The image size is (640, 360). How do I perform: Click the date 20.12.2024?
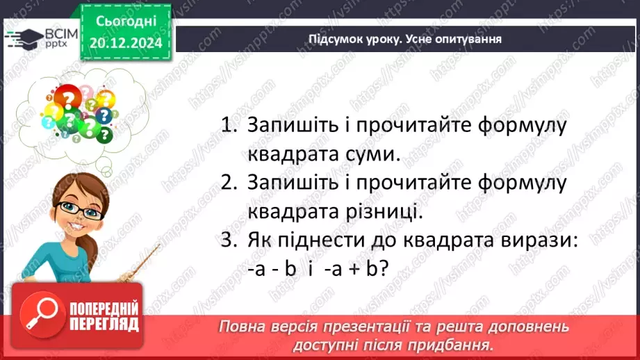click(125, 43)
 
